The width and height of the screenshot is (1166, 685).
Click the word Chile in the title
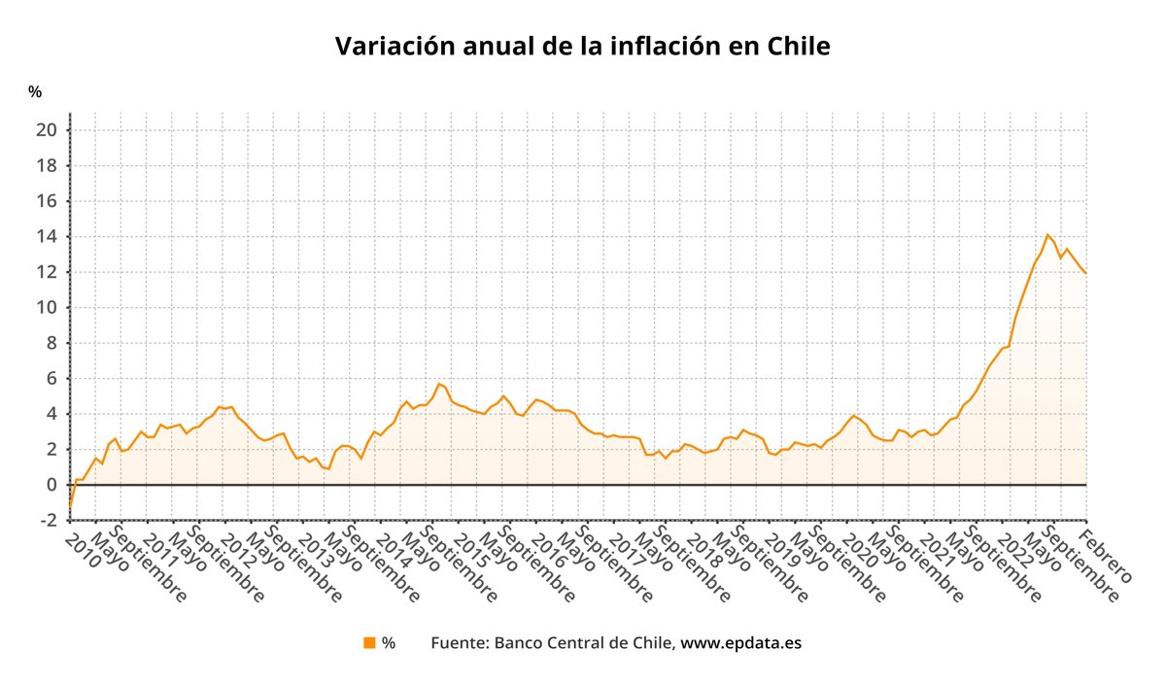coord(798,46)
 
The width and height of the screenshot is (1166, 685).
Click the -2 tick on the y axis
coord(48,521)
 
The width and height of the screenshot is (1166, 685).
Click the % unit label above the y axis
coord(35,92)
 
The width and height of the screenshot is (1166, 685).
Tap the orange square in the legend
coord(369,642)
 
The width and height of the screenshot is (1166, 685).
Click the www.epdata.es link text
coord(740,642)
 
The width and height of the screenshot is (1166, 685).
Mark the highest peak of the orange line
coord(1047,234)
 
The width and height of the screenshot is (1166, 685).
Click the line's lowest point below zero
coord(70,507)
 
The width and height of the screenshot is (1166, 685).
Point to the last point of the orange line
coord(1085,273)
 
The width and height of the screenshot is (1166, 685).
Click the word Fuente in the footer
coord(459,642)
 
